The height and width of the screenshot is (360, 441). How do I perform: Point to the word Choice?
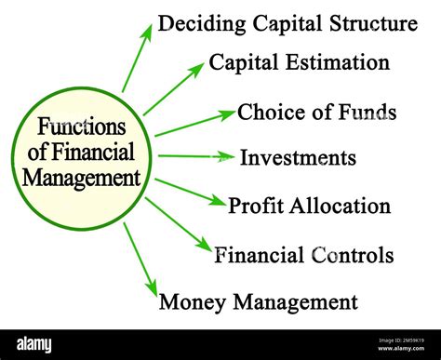pos(266,113)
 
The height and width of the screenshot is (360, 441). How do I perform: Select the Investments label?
pos(297,158)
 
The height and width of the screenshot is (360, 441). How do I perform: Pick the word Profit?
pos(255,206)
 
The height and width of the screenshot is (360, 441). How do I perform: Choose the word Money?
pos(192,301)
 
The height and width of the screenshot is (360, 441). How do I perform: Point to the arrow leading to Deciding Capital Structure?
pos(137,58)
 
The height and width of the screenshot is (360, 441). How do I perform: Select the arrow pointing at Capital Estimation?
pos(173,89)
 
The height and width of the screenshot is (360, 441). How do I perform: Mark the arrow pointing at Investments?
pos(194,156)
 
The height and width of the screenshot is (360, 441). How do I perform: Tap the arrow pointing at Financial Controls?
pos(179,223)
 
